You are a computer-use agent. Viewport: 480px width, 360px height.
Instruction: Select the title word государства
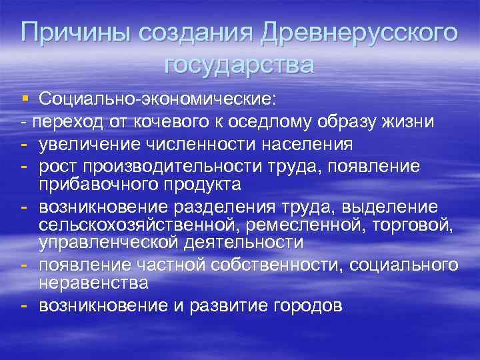239,65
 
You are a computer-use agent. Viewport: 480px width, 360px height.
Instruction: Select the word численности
193,144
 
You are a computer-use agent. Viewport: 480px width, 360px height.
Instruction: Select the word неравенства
93,282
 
